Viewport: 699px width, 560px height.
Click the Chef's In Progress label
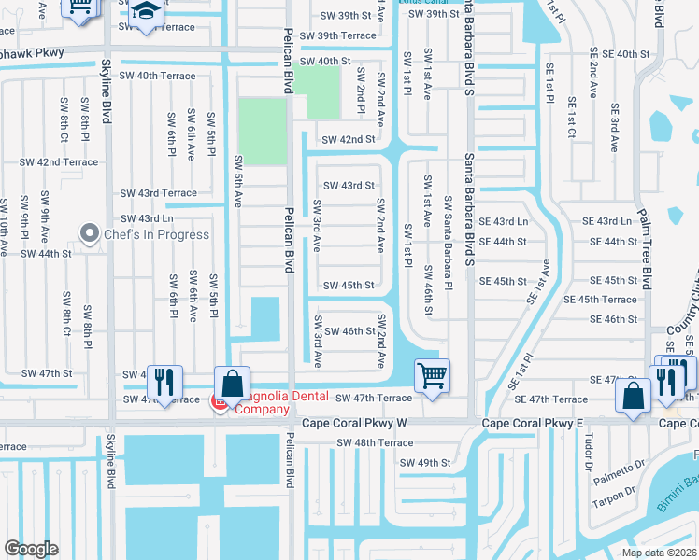(x=156, y=234)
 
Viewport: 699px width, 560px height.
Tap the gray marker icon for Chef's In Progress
(x=91, y=233)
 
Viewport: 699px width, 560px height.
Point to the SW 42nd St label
(x=348, y=140)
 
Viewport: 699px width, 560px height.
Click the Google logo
(x=31, y=549)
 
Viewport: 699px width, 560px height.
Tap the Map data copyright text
(x=659, y=553)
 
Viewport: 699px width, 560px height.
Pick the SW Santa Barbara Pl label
(x=449, y=243)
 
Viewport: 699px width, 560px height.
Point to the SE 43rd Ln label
(x=607, y=221)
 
